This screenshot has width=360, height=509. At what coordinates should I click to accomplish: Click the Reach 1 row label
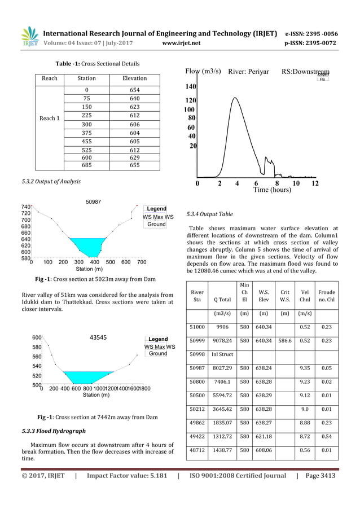pos(50,119)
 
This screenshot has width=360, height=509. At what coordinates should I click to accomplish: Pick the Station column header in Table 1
pos(86,78)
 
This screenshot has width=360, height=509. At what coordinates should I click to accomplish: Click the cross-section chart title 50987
pos(93,201)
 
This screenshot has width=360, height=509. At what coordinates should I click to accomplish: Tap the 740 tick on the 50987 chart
pos(25,208)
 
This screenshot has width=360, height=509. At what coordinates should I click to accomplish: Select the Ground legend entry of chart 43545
pos(157,354)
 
